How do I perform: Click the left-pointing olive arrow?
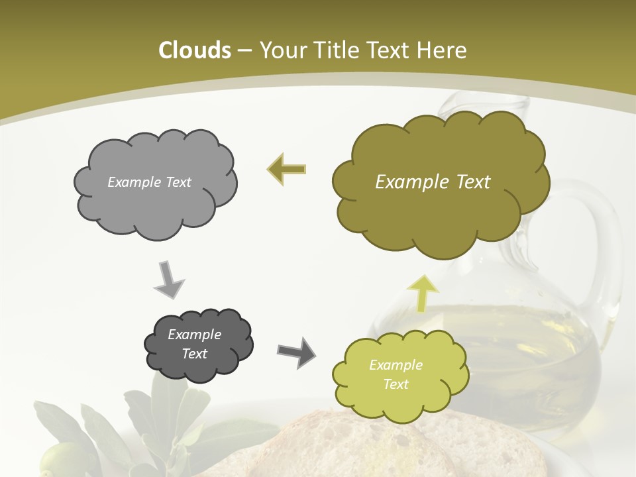tap(286, 169)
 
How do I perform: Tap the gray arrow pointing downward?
tap(169, 279)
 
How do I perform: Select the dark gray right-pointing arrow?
tap(296, 352)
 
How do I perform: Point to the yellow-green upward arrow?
tap(422, 293)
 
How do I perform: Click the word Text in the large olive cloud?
tap(468, 182)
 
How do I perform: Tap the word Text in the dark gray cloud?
tap(195, 354)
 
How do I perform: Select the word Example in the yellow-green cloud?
tap(396, 365)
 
